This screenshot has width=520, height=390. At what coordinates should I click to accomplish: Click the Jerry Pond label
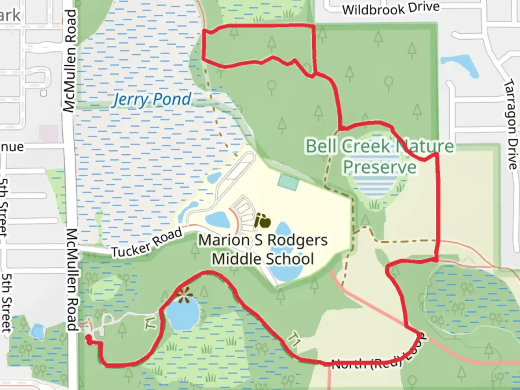coord(152,99)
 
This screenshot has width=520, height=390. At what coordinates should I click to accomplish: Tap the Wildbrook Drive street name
coord(391,9)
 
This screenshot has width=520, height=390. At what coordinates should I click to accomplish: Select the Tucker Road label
coord(147,243)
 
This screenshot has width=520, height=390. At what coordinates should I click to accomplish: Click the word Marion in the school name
coord(224,240)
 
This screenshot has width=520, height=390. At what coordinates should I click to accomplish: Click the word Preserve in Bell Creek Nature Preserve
coord(380,167)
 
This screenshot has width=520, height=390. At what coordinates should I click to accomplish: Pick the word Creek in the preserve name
coord(365,146)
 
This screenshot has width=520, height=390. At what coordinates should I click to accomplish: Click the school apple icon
coord(263,221)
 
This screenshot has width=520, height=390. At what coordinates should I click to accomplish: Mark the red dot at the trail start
coord(88,337)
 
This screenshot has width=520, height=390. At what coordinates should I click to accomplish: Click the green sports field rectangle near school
coord(288,182)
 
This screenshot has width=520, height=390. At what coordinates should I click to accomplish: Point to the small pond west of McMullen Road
coord(37,331)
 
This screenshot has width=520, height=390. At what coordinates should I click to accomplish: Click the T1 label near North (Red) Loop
coord(293,340)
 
